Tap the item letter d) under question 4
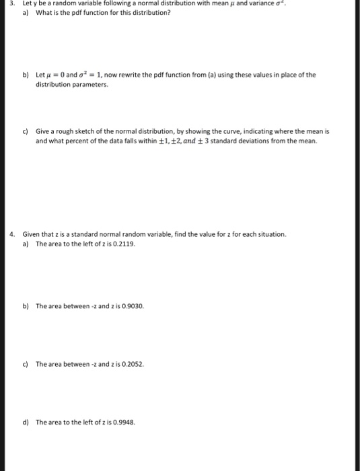click(x=26, y=423)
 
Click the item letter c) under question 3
click(x=26, y=133)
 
